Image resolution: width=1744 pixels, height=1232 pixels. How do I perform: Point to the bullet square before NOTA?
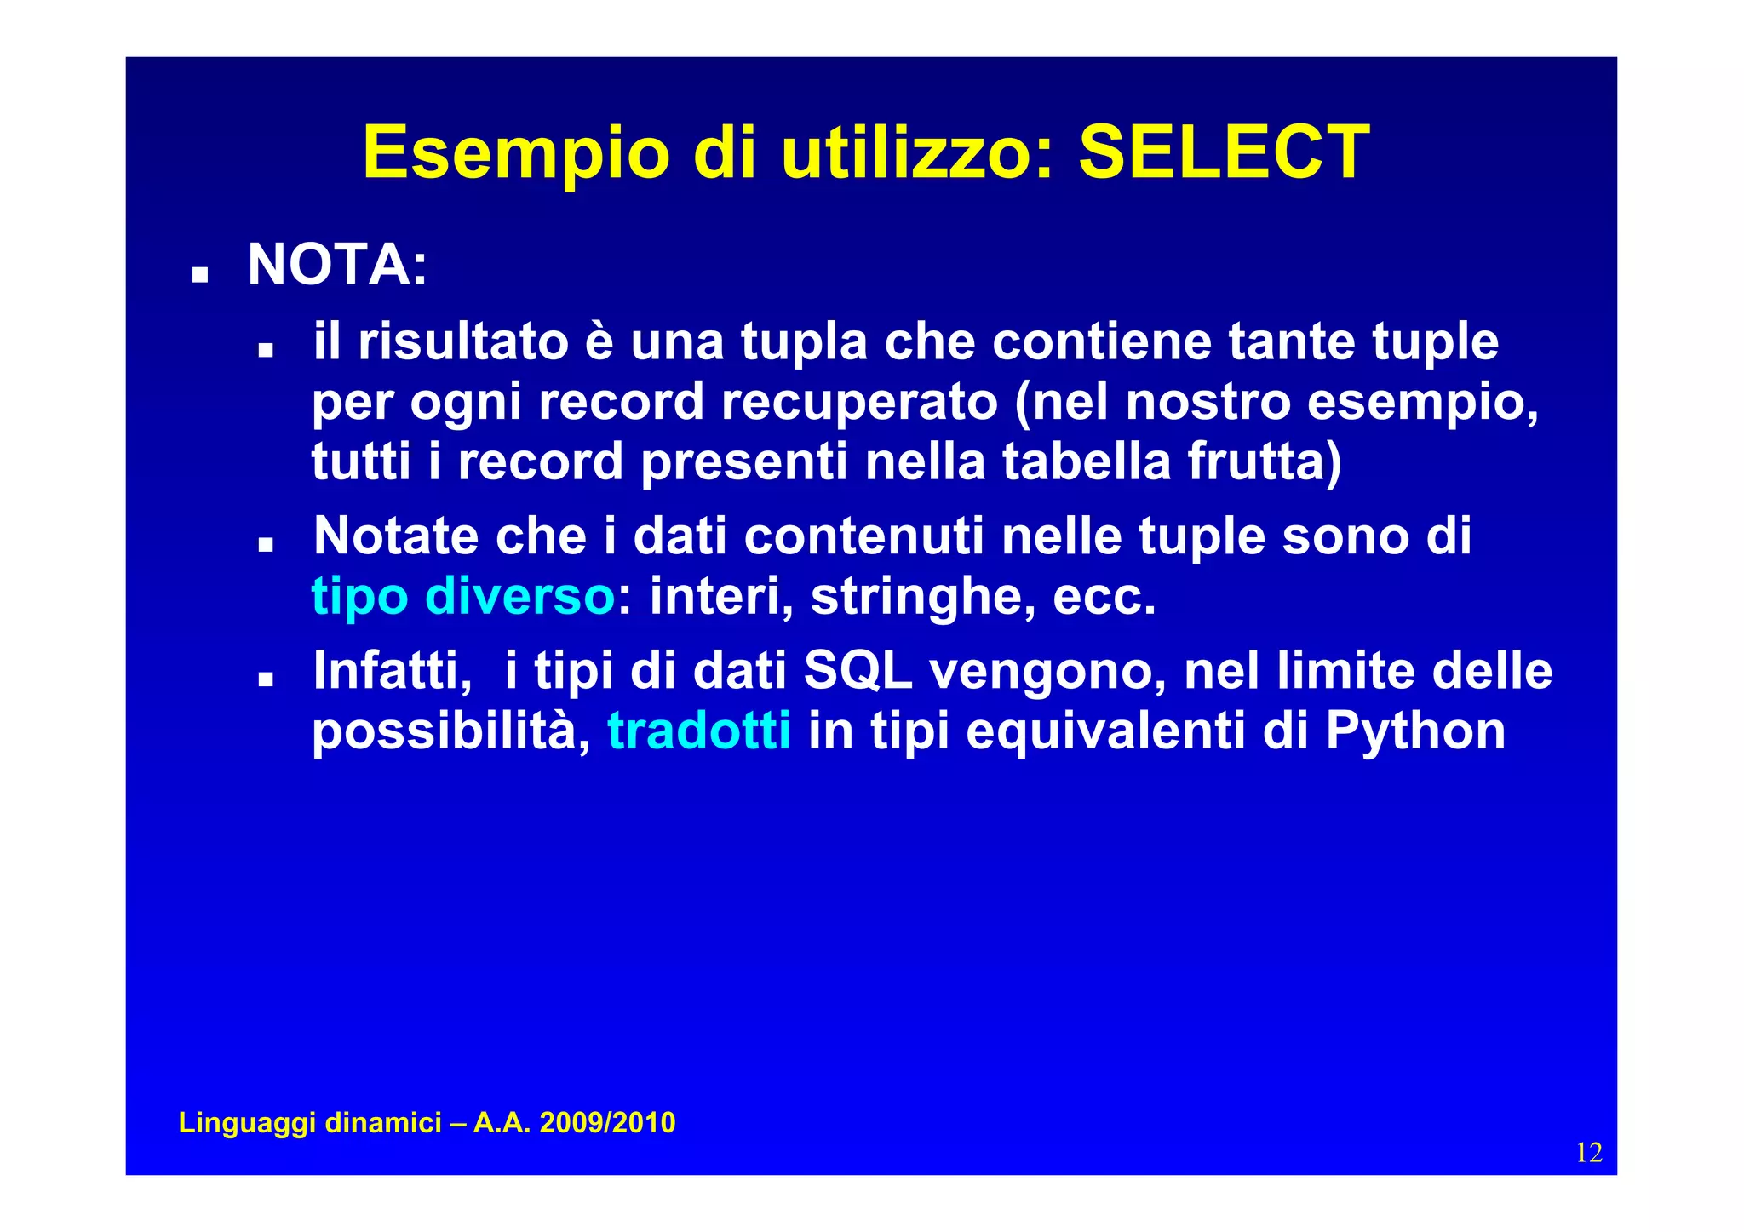click(x=200, y=274)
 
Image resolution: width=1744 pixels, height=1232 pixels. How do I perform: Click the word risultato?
click(x=462, y=341)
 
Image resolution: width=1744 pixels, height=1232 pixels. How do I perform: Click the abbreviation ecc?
click(x=1104, y=596)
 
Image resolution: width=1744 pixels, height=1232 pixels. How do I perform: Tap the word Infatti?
click(x=393, y=670)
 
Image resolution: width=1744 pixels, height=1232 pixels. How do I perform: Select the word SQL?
click(x=858, y=670)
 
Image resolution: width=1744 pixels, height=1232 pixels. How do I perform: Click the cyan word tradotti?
click(x=699, y=731)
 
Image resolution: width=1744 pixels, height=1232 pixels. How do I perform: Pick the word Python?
click(x=1414, y=731)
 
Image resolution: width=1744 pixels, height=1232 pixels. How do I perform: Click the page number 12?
click(x=1589, y=1153)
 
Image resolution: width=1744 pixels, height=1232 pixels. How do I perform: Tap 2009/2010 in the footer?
click(x=607, y=1123)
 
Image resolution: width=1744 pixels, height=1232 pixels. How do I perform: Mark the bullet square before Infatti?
click(x=266, y=679)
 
